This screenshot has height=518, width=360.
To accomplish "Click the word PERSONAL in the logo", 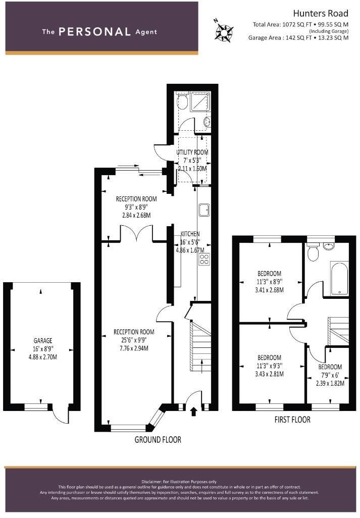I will (94, 31).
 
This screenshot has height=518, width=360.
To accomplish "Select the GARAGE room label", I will (40, 341).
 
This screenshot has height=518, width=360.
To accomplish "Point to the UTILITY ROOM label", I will (192, 152).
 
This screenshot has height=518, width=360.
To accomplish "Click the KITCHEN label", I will (190, 234).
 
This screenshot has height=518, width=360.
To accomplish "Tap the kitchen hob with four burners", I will (204, 260).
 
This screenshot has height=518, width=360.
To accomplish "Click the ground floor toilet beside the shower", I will (182, 102).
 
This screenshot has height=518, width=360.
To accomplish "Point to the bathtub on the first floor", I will (338, 278).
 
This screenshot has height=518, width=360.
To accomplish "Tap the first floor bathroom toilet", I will (313, 252).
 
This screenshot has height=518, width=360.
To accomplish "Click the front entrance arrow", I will (194, 412).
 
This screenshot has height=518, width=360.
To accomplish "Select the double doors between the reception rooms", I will (136, 233).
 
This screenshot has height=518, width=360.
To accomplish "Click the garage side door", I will (63, 415).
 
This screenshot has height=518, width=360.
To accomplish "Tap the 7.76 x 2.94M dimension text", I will (134, 348).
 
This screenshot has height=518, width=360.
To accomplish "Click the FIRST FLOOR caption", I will (292, 420).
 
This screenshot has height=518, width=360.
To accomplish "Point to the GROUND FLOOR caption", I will (158, 440).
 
